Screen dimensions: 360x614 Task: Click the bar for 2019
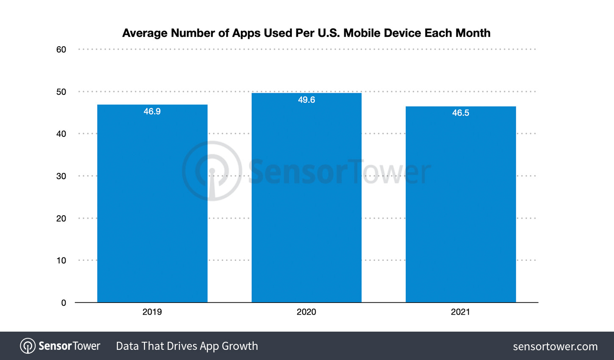[152, 203]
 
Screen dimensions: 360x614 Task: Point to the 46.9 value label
[152, 111]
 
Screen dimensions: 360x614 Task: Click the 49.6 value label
[306, 100]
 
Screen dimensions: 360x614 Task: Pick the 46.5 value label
[460, 113]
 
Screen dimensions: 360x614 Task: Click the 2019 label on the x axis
[152, 312]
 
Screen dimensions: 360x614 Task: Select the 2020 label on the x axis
[306, 312]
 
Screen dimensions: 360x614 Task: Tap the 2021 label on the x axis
[460, 312]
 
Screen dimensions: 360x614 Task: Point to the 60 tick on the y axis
[61, 50]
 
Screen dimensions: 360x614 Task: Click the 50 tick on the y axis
[61, 92]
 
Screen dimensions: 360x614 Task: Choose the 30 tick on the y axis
[61, 176]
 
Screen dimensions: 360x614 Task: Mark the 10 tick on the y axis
[61, 260]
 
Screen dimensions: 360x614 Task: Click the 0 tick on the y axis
[64, 303]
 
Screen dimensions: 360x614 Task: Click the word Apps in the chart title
[246, 33]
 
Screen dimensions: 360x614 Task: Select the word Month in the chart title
[473, 33]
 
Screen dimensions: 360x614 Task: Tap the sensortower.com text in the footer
[555, 346]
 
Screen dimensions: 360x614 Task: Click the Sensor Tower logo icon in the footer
[28, 346]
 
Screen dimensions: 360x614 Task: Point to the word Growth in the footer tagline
[240, 346]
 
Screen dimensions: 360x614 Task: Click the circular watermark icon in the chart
[212, 171]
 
